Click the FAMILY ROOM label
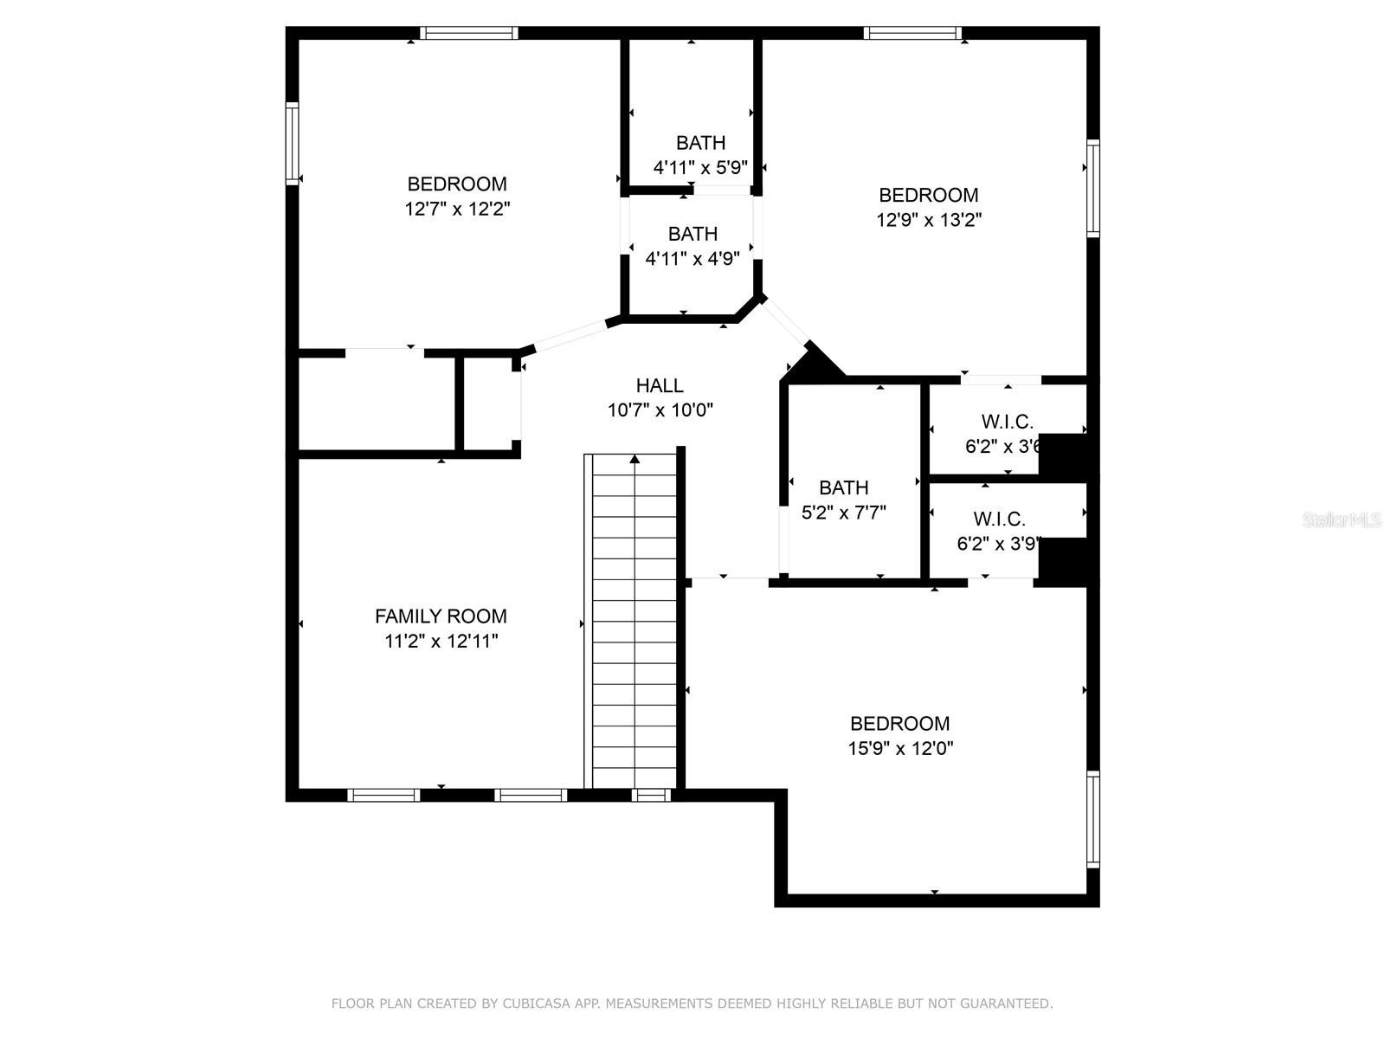tap(441, 616)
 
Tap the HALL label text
tap(660, 386)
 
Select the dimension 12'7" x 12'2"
tap(457, 210)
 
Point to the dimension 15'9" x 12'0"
tap(900, 749)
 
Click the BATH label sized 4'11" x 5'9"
tap(700, 143)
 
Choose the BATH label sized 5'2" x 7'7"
tap(843, 487)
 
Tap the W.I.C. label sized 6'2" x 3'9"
tap(999, 519)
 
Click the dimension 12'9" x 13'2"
tap(929, 221)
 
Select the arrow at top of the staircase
tap(635, 459)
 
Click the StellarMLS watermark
tap(1341, 520)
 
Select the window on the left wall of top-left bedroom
tap(293, 144)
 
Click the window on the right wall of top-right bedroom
tap(1093, 189)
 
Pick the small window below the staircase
tap(651, 795)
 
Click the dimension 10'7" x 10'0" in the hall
tap(660, 411)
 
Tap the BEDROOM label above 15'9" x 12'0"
tap(899, 724)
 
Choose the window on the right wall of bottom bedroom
tap(1093, 819)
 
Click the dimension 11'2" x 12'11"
tap(441, 642)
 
